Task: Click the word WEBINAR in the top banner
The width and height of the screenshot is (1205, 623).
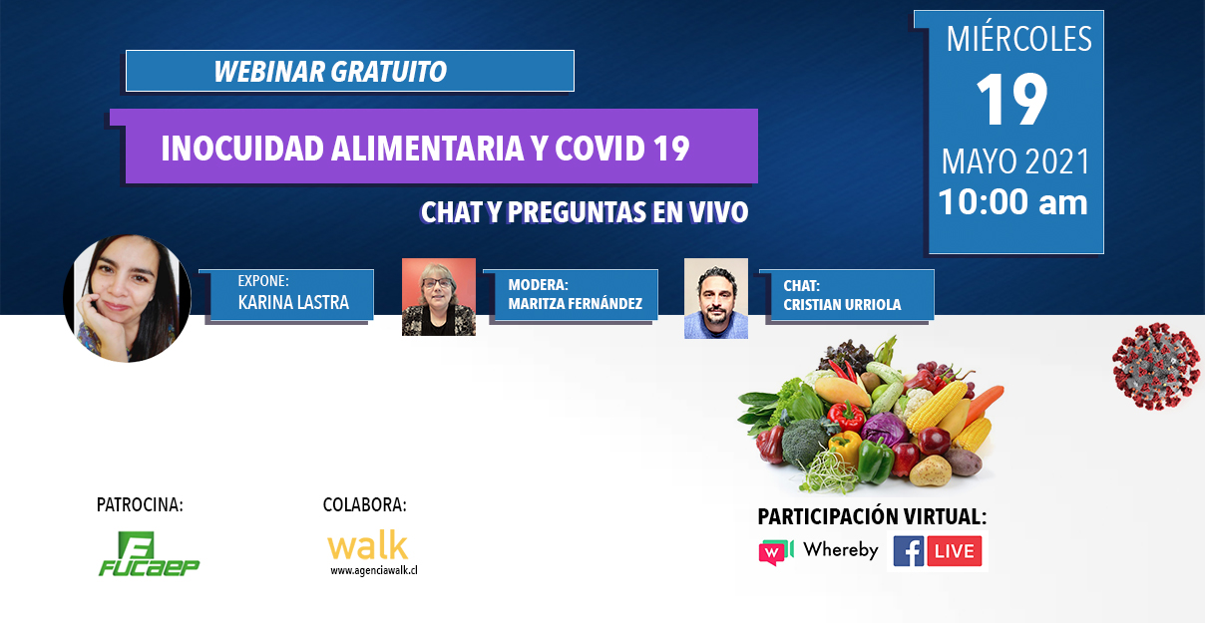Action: point(268,72)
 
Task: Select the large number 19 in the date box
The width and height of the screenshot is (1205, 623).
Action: point(1011,100)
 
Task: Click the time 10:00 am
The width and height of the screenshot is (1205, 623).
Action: point(1012,202)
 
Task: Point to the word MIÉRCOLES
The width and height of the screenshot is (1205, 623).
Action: point(1018,39)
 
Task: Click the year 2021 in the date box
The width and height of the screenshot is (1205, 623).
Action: point(1057,161)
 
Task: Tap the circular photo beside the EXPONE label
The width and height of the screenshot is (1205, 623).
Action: point(127,298)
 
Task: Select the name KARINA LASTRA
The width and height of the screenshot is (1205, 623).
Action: point(293,303)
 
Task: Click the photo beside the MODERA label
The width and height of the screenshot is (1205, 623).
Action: point(439,297)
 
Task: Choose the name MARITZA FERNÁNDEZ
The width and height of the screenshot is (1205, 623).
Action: point(575,304)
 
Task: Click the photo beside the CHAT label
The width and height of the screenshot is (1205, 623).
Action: point(716,298)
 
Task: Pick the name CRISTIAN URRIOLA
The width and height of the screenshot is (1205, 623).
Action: point(842,305)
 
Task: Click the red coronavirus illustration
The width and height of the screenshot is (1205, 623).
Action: point(1155,366)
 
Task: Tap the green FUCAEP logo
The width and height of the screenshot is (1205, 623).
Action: point(149,553)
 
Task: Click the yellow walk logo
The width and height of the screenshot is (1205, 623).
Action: point(368,545)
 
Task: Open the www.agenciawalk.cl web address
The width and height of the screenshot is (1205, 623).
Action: point(374,571)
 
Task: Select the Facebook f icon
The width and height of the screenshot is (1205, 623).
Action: point(909,551)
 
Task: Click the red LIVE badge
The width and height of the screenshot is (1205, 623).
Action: point(955,551)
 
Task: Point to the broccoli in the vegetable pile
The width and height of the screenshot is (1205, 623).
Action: point(806,441)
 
